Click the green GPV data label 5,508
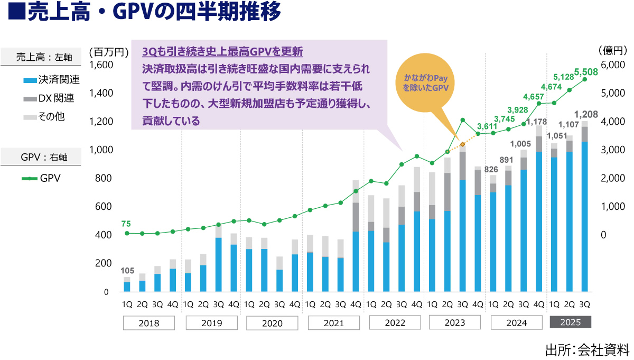tap(586, 71)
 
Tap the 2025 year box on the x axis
tap(570, 322)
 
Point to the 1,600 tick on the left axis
tap(102, 65)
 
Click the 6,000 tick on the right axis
tap(612, 65)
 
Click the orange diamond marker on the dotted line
tap(462, 144)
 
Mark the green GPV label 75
tap(126, 224)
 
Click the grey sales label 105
tap(127, 271)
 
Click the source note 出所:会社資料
tap(586, 349)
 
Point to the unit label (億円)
tap(612, 51)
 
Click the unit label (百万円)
tap(109, 52)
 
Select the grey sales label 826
tap(492, 169)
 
